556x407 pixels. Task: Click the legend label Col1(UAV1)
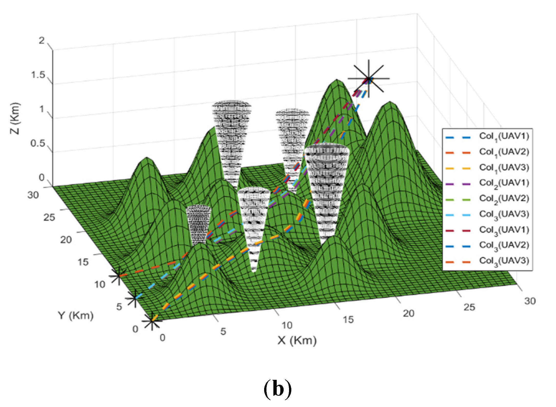point(504,137)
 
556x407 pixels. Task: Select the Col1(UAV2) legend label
point(504,152)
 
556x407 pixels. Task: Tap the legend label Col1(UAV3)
point(504,168)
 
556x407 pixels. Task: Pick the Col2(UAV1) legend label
point(504,183)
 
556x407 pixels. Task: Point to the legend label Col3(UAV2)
point(504,246)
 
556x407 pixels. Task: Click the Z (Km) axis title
point(15,118)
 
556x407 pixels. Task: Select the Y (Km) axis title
point(75,315)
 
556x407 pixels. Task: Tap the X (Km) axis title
point(297,341)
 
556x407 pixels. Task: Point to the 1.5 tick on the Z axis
point(38,75)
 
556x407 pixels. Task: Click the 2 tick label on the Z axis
point(42,40)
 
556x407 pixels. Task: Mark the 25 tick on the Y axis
point(49,218)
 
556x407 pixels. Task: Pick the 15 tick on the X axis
point(348,320)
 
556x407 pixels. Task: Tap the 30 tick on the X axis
point(530,301)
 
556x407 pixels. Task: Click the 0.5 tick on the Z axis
point(38,143)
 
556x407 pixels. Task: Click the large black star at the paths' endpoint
point(369,79)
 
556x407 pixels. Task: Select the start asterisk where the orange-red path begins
point(118,276)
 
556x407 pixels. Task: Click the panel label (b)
point(277,389)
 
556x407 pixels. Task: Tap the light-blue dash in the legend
point(458,215)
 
